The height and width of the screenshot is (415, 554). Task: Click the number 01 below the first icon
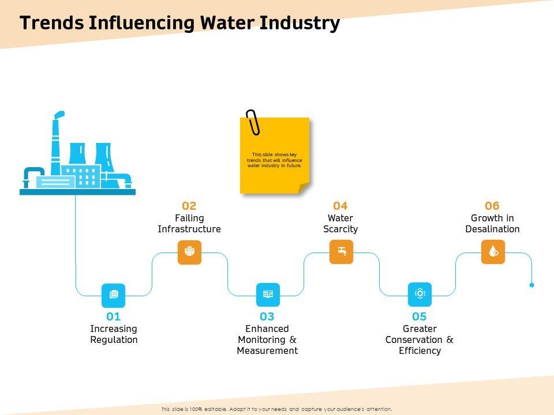click(114, 316)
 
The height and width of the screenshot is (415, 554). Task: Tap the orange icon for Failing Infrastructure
click(189, 252)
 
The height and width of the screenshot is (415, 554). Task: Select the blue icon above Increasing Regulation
click(114, 295)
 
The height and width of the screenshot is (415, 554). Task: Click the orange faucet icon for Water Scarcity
click(341, 252)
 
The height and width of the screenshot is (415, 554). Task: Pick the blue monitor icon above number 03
click(268, 295)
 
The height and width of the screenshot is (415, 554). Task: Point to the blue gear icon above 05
click(420, 295)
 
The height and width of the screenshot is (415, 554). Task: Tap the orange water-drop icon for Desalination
click(493, 252)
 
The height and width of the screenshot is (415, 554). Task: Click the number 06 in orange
click(492, 206)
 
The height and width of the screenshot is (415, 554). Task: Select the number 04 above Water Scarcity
click(340, 206)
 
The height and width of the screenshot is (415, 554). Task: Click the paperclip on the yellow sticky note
click(253, 122)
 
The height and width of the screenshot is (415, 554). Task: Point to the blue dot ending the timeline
click(531, 285)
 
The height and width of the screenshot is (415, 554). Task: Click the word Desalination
click(492, 229)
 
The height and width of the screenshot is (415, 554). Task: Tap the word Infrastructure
click(189, 229)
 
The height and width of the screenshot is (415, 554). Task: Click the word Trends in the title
click(51, 23)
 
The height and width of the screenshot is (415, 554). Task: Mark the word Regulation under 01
click(114, 339)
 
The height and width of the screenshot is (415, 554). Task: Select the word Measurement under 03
click(267, 350)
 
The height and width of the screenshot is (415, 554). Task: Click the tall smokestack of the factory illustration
click(56, 144)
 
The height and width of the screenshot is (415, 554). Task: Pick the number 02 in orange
click(189, 206)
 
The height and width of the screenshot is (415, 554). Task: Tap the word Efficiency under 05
click(420, 350)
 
